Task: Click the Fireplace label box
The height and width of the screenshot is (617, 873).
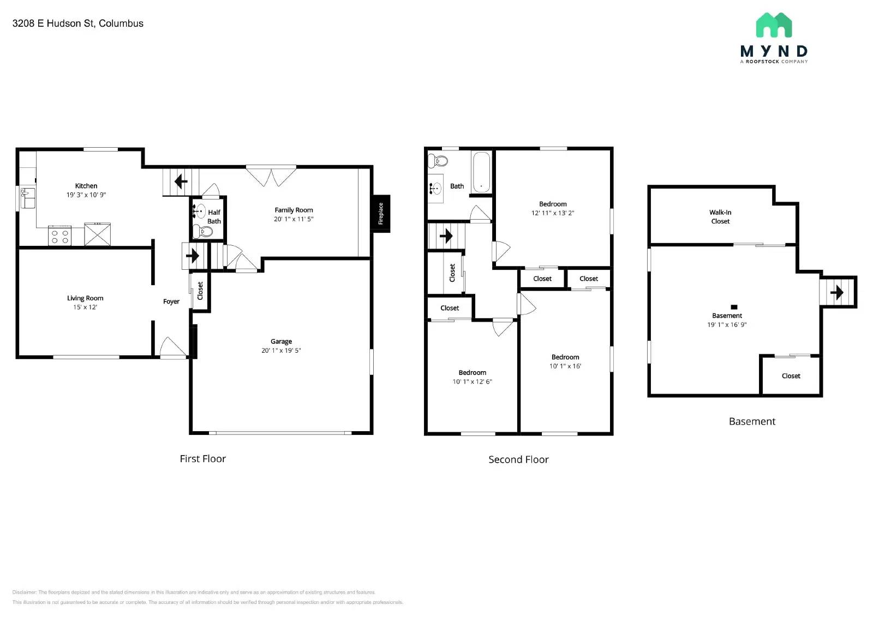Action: click(x=381, y=214)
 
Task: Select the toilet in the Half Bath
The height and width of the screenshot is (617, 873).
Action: click(x=204, y=232)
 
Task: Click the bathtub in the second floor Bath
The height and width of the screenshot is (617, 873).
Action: click(x=481, y=172)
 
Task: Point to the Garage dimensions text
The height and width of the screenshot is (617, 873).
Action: click(x=281, y=350)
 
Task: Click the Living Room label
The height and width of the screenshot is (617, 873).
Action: click(x=85, y=298)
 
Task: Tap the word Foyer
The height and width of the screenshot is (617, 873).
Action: click(x=171, y=301)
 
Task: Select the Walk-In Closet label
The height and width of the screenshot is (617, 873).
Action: click(x=720, y=217)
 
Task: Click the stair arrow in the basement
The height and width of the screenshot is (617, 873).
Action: click(x=836, y=293)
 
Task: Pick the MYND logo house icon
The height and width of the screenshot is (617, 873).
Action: click(x=774, y=25)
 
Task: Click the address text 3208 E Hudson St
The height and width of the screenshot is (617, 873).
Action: click(x=78, y=23)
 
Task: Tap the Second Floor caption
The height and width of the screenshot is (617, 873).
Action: click(x=518, y=459)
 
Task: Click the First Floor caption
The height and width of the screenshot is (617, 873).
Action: click(x=203, y=459)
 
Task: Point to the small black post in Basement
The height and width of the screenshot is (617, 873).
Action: click(x=734, y=307)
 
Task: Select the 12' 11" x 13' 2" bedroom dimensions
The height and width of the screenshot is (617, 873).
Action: click(x=553, y=213)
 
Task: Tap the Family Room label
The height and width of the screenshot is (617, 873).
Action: click(x=294, y=210)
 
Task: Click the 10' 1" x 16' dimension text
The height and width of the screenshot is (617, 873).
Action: click(x=565, y=366)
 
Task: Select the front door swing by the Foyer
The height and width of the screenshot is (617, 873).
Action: click(x=172, y=348)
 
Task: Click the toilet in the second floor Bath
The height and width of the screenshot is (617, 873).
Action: click(x=438, y=161)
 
